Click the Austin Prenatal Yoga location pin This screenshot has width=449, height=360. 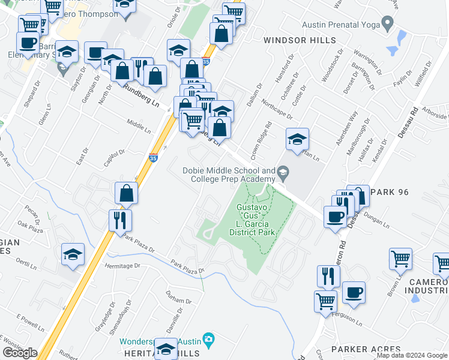(x=388, y=24)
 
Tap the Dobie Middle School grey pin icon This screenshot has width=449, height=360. (x=283, y=174)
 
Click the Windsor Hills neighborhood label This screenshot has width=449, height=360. (x=292, y=40)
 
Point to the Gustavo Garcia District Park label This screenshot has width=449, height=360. (x=255, y=219)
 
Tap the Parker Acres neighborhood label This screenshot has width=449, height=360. (x=366, y=349)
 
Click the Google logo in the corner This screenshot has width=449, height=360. (x=20, y=353)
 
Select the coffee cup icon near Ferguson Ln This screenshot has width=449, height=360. (x=354, y=293)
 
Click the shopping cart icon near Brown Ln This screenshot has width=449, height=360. (x=400, y=259)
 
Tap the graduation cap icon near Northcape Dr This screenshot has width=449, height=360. (x=297, y=140)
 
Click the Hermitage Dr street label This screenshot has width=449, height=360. (x=122, y=265)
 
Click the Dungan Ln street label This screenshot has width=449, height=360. (x=376, y=220)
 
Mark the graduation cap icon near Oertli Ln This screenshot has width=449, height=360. (x=73, y=254)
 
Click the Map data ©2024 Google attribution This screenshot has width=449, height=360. (x=412, y=355)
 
